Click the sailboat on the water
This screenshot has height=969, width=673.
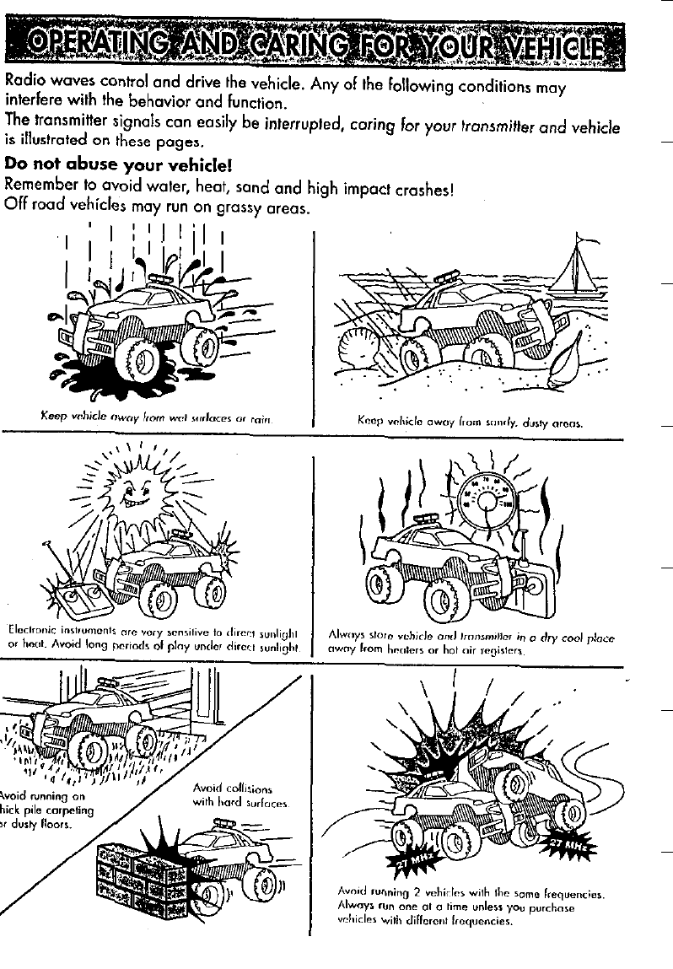[576, 270]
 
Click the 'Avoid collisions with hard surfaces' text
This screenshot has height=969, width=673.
[241, 794]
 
